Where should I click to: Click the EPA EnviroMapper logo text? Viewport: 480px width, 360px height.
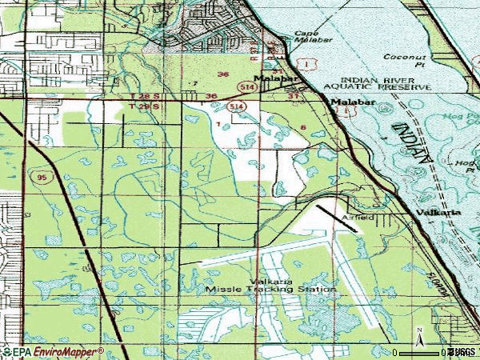pos(52,351)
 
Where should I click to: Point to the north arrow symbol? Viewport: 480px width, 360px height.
pos(418,332)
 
